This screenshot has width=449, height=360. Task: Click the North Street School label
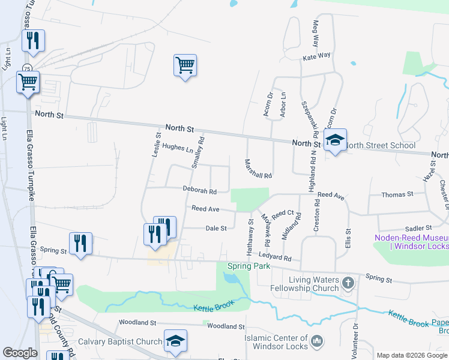click(x=381, y=145)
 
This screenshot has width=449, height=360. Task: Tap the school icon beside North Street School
click(x=335, y=140)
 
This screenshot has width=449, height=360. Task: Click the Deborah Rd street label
click(x=200, y=191)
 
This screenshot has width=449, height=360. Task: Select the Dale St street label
click(x=216, y=229)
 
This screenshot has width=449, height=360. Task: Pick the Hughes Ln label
click(x=177, y=147)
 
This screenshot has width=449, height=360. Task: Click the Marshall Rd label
click(x=259, y=169)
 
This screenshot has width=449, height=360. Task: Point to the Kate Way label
click(x=317, y=55)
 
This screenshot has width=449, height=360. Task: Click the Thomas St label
click(x=397, y=194)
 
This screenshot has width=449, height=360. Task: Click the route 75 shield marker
click(x=28, y=67)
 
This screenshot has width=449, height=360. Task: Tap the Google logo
click(x=20, y=353)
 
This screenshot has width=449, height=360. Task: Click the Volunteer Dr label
click(x=356, y=339)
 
